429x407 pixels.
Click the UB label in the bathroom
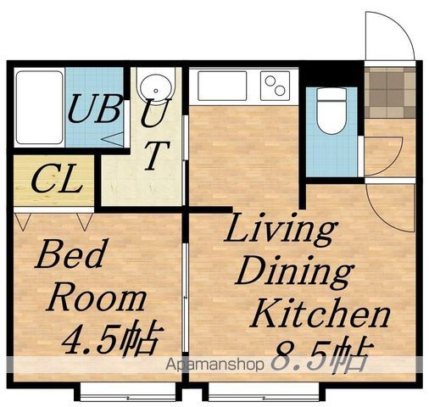tap(95, 109)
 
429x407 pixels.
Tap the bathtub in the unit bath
tap(39, 108)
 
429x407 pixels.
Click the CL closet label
tap(56, 179)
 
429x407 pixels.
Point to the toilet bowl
tap(331, 111)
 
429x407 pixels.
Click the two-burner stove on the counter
tap(275, 86)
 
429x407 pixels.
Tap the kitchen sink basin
tap(222, 86)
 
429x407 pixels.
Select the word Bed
tap(70, 254)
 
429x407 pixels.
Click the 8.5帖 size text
tap(320, 354)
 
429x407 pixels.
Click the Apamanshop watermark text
tap(214, 365)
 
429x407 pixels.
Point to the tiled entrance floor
tap(390, 92)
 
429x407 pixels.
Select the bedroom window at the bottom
tap(128, 392)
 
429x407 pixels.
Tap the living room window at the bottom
tap(264, 392)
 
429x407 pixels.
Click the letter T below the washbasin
tap(156, 154)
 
